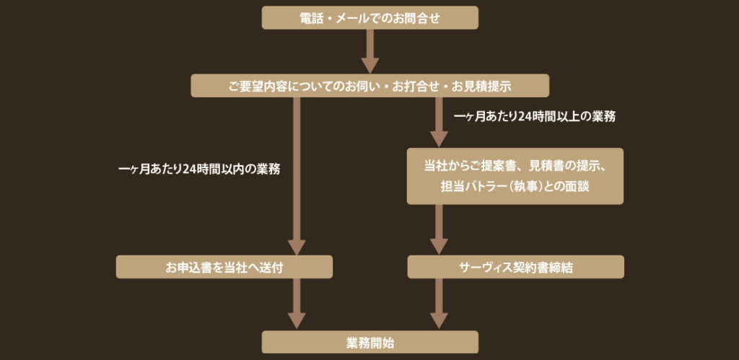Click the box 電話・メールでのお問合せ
pos(369,18)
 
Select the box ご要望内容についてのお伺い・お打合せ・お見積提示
pos(369,86)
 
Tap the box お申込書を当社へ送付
pos(224,267)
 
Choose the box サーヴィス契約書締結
pos(515,267)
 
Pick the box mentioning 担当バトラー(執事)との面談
pos(515,177)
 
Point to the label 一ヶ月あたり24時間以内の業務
pos(198,170)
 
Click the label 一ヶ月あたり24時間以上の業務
pos(535,115)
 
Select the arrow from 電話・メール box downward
pos(369,52)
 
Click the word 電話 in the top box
pos(310,18)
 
